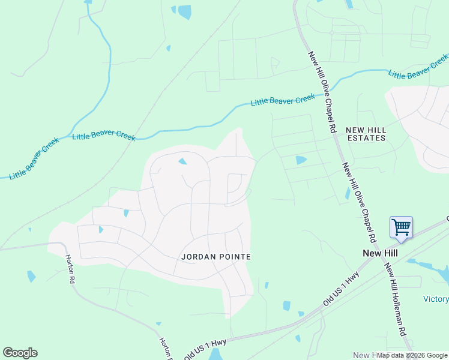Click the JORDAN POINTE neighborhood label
[x=215, y=256]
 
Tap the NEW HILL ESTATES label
[x=365, y=134]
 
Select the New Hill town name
[x=380, y=253]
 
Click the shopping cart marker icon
[x=401, y=228]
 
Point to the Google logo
[x=20, y=353]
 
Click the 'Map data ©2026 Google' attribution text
[x=411, y=355]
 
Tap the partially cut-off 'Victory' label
[x=436, y=299]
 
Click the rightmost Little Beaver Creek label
[x=418, y=66]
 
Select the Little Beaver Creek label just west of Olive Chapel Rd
[x=282, y=100]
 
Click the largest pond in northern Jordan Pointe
[x=182, y=161]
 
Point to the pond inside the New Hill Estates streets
[x=301, y=160]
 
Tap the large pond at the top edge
[x=184, y=11]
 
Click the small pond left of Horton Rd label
[x=31, y=276]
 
